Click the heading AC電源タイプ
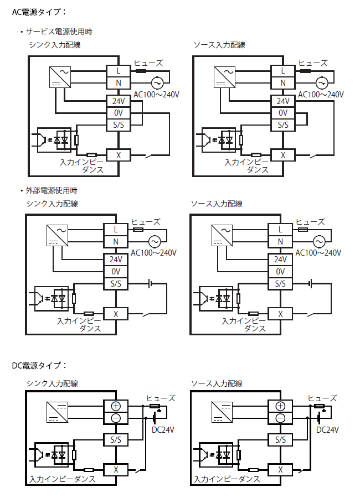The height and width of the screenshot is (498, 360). click(x=39, y=11)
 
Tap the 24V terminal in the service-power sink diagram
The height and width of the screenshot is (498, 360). click(x=118, y=101)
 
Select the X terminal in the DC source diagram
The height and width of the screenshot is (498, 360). click(x=281, y=469)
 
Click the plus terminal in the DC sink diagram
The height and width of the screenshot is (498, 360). click(x=116, y=406)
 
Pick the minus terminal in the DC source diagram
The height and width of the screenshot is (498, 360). click(x=281, y=418)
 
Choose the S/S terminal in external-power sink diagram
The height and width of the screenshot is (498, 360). click(x=116, y=284)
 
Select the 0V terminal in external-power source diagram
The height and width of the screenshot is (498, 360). click(x=281, y=272)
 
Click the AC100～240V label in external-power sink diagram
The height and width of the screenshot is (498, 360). click(x=154, y=253)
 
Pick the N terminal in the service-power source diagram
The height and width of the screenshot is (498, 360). click(x=283, y=83)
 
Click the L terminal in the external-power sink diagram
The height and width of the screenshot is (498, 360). click(x=116, y=229)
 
